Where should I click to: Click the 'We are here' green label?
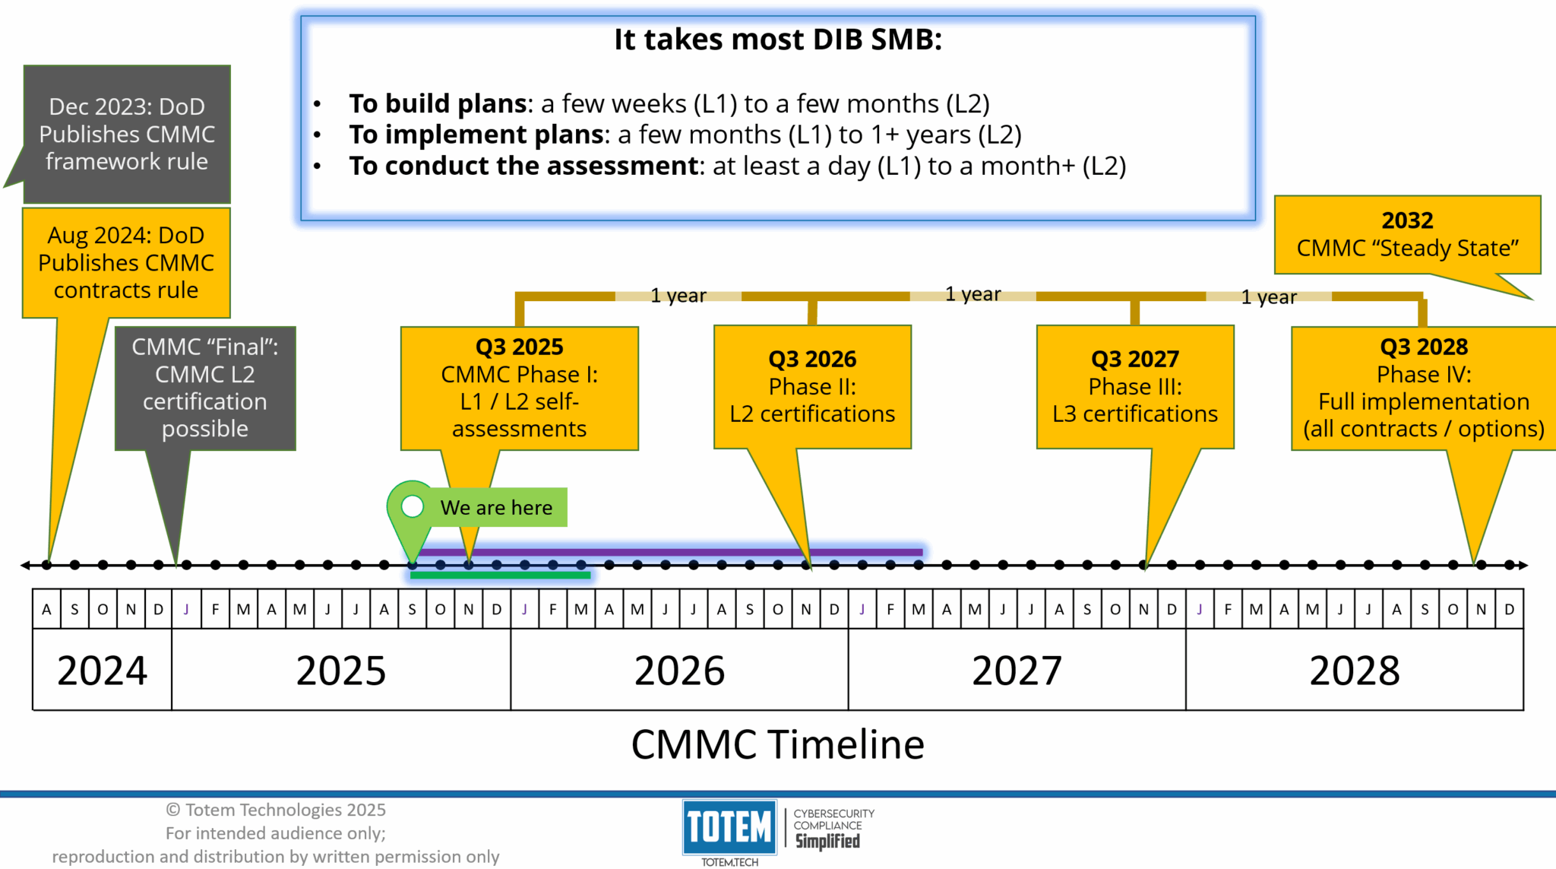coord(496,507)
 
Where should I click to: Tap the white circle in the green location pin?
coord(413,506)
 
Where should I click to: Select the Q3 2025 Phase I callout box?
coord(520,389)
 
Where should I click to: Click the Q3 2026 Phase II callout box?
coord(812,387)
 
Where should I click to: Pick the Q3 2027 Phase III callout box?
coord(1135,387)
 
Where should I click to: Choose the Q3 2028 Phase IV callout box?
coord(1424,389)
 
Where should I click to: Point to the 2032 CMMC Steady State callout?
coord(1407,235)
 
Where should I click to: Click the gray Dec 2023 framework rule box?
coord(127,134)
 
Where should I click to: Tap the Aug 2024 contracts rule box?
coord(126,262)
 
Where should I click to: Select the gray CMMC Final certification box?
coord(205,389)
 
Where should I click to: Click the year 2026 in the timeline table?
coord(679,671)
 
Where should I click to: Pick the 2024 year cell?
coord(103,671)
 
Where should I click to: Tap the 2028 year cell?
coord(1355,671)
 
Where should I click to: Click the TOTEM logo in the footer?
coord(729,827)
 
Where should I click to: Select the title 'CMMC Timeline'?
coord(778,744)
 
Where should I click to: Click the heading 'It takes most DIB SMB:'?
coord(778,40)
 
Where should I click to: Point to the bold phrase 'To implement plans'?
coord(476,135)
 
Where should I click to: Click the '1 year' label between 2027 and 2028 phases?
coord(1269,297)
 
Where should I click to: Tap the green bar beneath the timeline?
coord(501,576)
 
